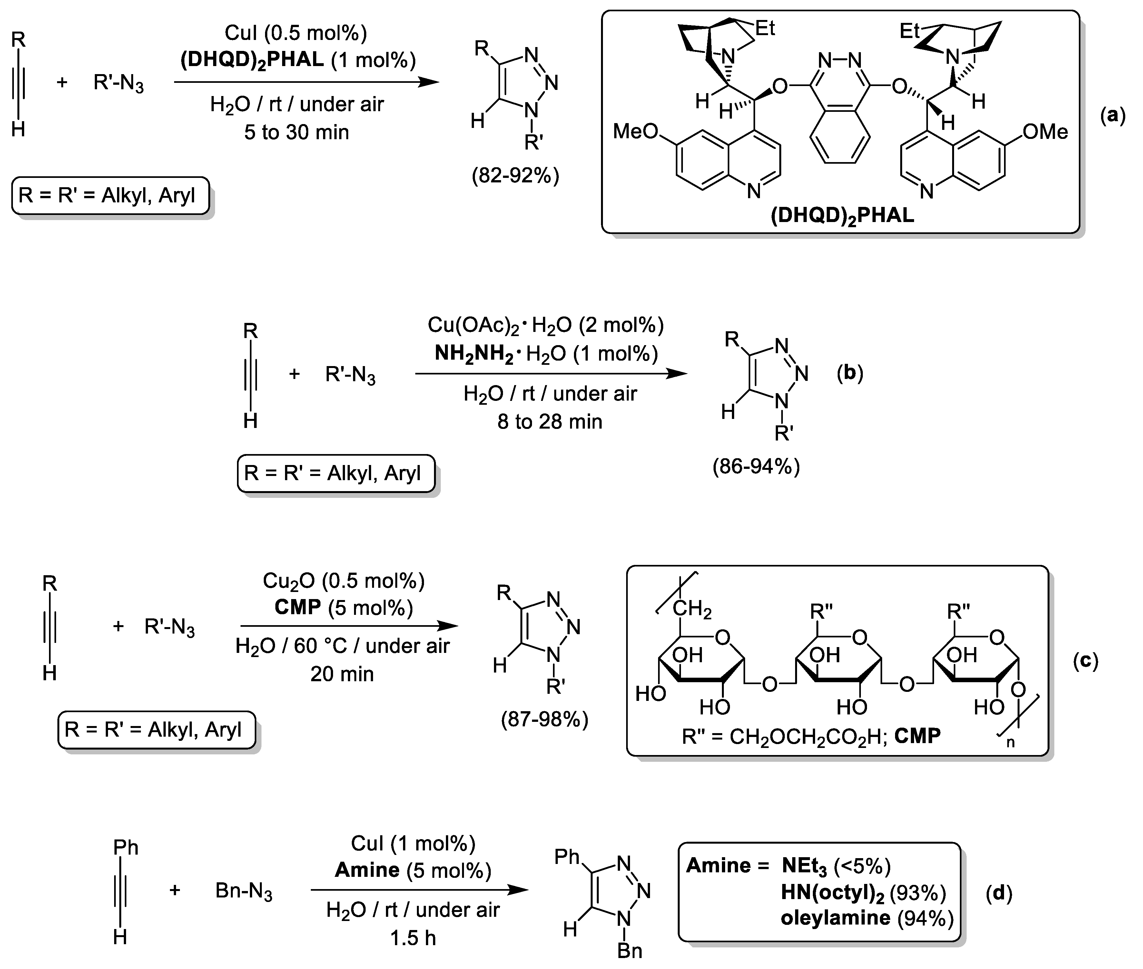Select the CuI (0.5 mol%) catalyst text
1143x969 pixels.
coord(296,33)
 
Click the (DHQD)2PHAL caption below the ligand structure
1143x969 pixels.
coord(842,215)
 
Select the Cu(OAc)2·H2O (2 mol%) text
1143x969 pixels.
coord(545,325)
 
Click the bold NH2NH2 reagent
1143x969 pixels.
coord(474,353)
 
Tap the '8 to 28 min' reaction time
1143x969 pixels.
coord(549,421)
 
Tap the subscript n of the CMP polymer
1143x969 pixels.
coord(1010,743)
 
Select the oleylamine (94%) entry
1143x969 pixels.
coord(867,917)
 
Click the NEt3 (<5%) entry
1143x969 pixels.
coord(835,866)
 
